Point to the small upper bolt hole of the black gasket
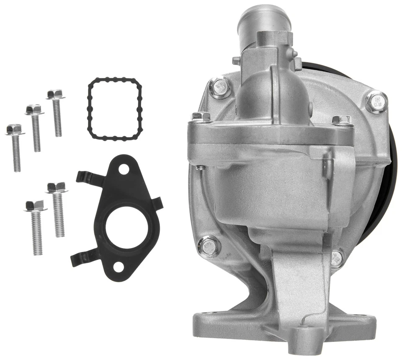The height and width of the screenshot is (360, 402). coord(124,169)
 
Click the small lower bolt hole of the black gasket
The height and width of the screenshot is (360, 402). coord(119,266)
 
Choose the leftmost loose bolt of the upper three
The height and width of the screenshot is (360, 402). coord(15,147)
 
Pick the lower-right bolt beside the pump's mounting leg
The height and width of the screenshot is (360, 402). coord(337,258)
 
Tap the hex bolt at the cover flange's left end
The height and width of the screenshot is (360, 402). coord(200,117)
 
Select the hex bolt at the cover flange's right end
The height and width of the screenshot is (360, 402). coord(341,120)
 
